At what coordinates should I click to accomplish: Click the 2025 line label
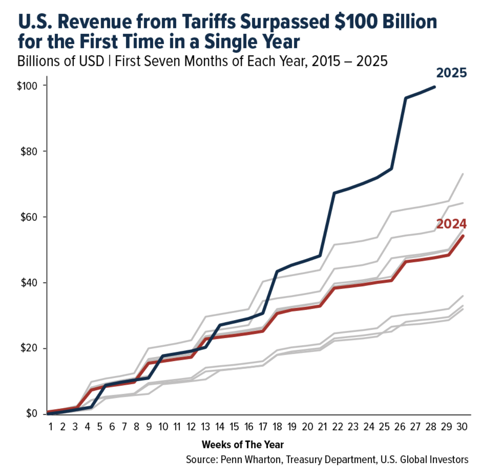point(451,73)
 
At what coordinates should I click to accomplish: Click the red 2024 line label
point(451,224)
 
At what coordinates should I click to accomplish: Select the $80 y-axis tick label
point(28,151)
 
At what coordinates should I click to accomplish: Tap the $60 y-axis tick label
point(28,217)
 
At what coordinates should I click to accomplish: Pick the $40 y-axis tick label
point(28,283)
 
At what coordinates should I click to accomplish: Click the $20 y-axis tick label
point(28,348)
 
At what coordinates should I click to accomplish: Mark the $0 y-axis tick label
point(30,414)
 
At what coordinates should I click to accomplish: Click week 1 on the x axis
point(50,427)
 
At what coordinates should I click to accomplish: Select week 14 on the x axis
point(219,427)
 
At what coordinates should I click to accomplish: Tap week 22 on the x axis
point(338,427)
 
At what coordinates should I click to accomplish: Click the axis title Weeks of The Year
point(242,445)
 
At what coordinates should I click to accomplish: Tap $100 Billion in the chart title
point(385,22)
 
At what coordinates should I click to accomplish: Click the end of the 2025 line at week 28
point(435,87)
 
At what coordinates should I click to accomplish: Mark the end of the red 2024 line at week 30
point(463,236)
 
